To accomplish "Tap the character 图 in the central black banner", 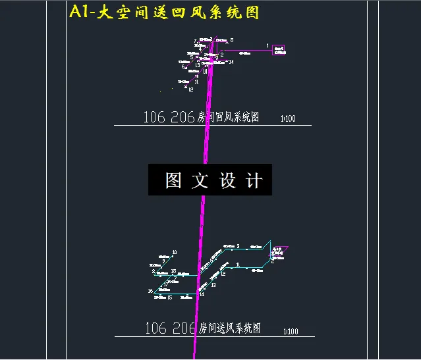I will pyautogui.click(x=173, y=180).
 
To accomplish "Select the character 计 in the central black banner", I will pyautogui.click(x=254, y=180).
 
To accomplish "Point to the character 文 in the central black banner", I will pyautogui.click(x=200, y=180).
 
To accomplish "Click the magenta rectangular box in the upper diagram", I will pyautogui.click(x=279, y=50).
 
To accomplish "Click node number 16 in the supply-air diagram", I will pyautogui.click(x=150, y=290).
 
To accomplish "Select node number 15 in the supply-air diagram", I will pyautogui.click(x=170, y=297).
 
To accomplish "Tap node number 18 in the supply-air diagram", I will pyautogui.click(x=173, y=271).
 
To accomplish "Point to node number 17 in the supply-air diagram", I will pyautogui.click(x=166, y=284).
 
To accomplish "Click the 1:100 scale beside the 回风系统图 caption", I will pyautogui.click(x=288, y=119).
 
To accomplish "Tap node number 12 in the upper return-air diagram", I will pyautogui.click(x=190, y=90).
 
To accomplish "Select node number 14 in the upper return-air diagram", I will pyautogui.click(x=231, y=62).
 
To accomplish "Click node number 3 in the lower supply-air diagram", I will pyautogui.click(x=238, y=245).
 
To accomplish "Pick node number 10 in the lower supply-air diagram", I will pyautogui.click(x=174, y=252).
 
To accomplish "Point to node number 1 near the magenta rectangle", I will pyautogui.click(x=267, y=45).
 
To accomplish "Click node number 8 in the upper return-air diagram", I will pyautogui.click(x=231, y=40).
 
